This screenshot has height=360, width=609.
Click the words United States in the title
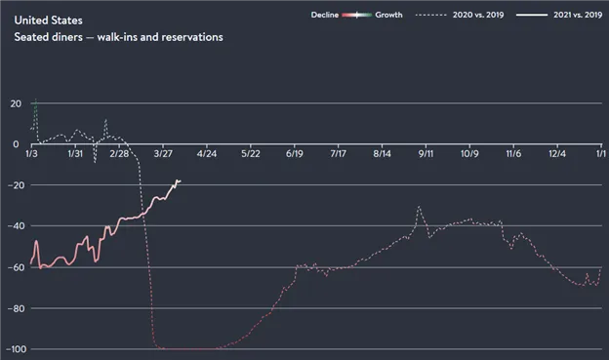coord(48,20)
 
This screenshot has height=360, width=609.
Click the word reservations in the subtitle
coord(192,37)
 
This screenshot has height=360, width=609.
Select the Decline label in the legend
coord(325,15)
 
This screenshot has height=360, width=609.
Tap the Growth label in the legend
coord(388,15)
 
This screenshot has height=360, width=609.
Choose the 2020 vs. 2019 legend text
coord(478,15)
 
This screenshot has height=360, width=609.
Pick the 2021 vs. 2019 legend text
coord(578,15)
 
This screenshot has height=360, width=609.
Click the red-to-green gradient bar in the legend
coord(357,16)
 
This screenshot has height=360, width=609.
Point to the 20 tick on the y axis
coord(16,103)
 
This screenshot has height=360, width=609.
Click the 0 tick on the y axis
coord(16,144)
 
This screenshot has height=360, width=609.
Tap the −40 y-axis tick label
coord(16,226)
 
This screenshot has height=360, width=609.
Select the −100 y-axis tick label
coord(16,349)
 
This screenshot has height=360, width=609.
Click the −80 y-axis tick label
coord(16,308)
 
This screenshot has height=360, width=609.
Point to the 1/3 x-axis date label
coord(31,154)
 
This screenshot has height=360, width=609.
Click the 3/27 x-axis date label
coord(163,154)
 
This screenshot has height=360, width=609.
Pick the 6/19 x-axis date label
coord(295,154)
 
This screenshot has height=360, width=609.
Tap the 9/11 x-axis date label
coord(426,154)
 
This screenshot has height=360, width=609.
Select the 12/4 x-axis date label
coord(557,154)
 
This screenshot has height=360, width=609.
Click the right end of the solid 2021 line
coord(181,180)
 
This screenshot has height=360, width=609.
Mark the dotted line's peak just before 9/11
coord(419,206)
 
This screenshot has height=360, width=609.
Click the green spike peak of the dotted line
coord(35,100)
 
